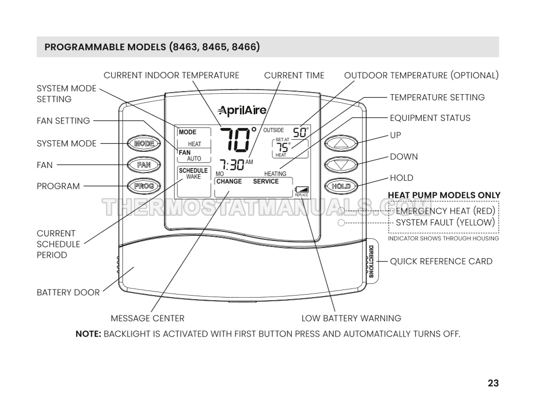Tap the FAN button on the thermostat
(x=144, y=164)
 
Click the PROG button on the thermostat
(x=144, y=186)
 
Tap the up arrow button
(x=340, y=143)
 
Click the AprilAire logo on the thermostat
(x=242, y=110)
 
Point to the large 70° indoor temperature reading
(x=237, y=139)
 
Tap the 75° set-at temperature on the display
(x=283, y=147)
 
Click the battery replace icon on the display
(x=301, y=190)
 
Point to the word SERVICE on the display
(x=266, y=181)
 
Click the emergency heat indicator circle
(x=341, y=211)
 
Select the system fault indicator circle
(x=341, y=223)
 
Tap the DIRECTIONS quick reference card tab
(x=371, y=261)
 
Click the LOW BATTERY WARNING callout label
(x=351, y=318)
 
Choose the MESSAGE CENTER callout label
(x=147, y=318)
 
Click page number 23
(x=493, y=383)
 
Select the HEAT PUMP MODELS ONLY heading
(x=444, y=195)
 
